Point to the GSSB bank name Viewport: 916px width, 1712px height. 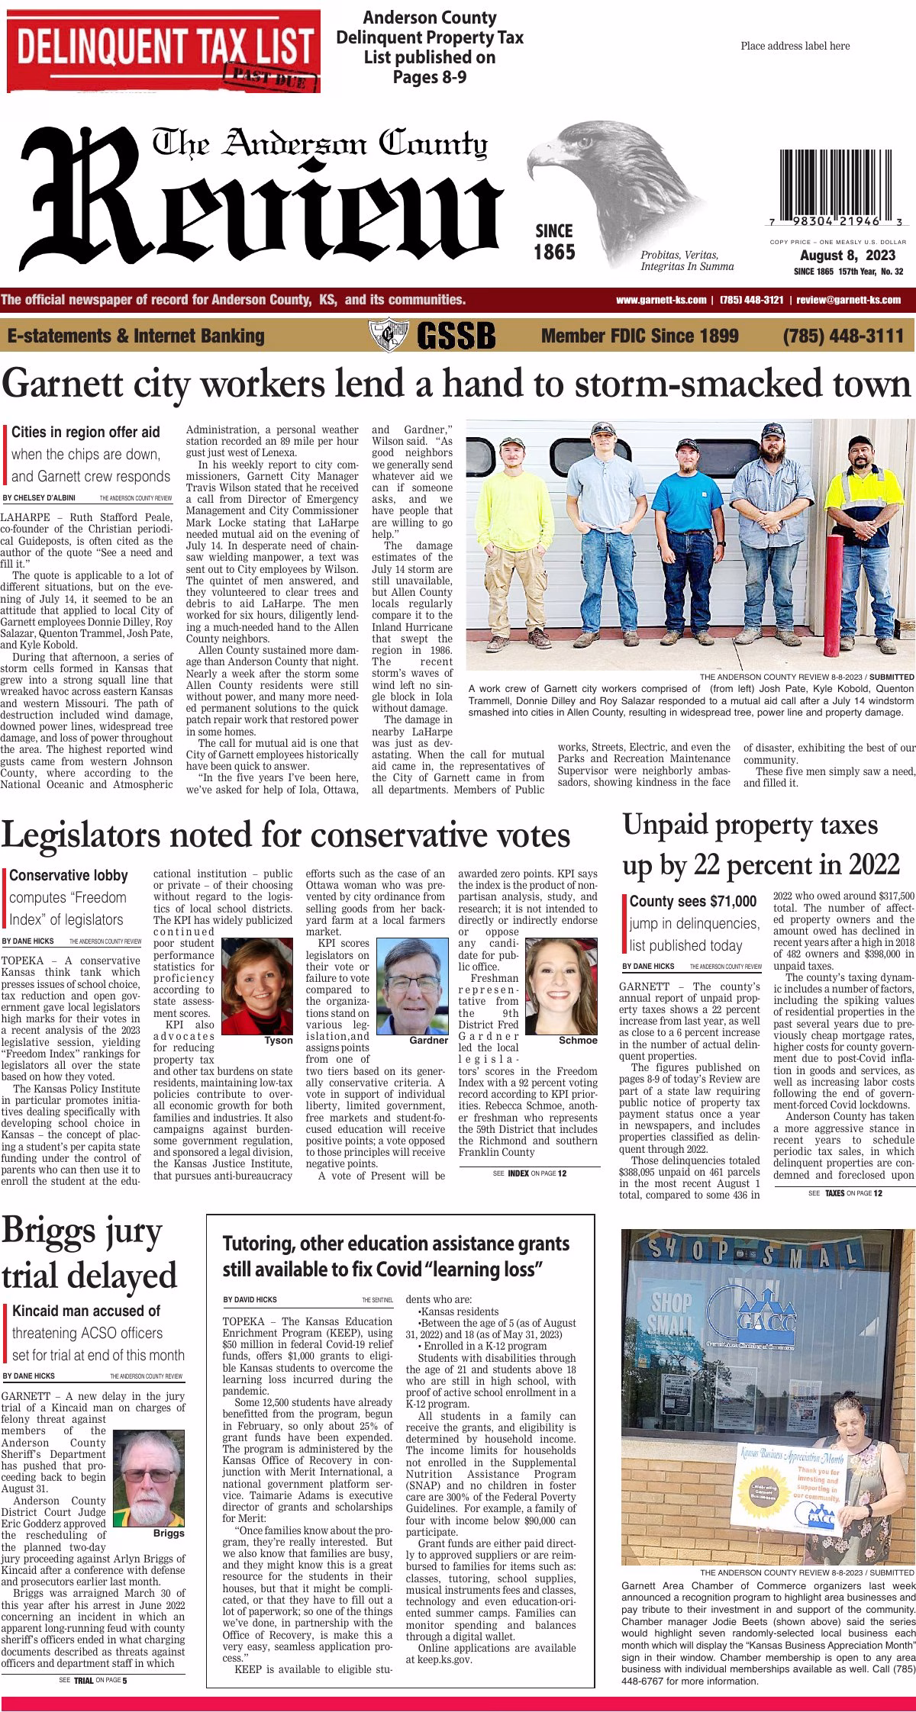click(456, 335)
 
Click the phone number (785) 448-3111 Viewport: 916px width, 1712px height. click(843, 335)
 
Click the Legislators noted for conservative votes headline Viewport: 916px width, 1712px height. click(285, 835)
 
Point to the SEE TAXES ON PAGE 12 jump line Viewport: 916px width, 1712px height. click(845, 1192)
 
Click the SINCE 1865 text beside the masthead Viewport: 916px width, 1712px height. click(553, 241)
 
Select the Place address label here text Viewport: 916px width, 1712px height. click(795, 46)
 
